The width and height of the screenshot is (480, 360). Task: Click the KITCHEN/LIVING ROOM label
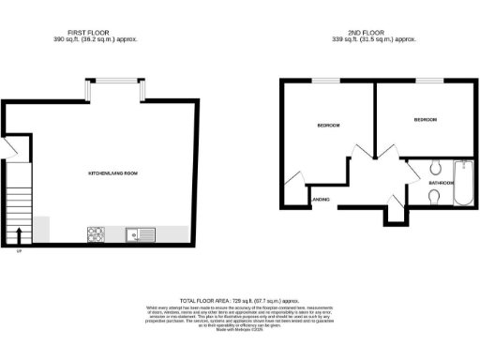point(113,173)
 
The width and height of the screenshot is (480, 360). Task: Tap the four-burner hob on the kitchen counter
point(96,232)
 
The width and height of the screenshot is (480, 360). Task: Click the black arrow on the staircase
point(20,233)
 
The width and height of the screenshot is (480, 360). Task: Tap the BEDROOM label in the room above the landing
point(328,126)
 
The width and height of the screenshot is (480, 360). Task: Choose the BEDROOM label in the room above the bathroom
point(426,119)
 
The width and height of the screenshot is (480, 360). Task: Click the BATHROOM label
point(440,183)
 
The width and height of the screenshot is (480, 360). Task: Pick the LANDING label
point(319,199)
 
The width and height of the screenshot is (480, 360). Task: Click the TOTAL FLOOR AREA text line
point(239,298)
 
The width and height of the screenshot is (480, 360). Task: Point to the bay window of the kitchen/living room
point(113,90)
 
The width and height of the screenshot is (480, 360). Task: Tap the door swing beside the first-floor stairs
point(12,151)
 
